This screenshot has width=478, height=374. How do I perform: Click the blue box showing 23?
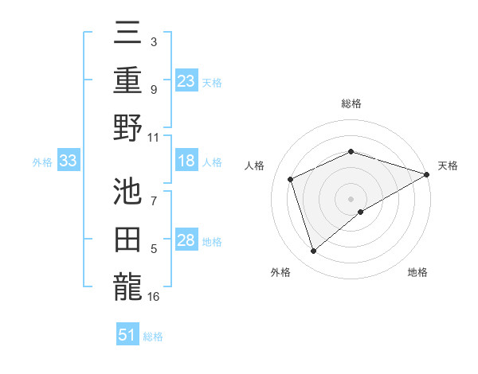pyautogui.click(x=186, y=80)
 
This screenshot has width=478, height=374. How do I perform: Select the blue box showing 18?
pyautogui.click(x=186, y=162)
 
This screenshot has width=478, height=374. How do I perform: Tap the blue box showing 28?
pyautogui.click(x=186, y=241)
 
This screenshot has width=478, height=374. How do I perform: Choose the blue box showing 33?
pyautogui.click(x=69, y=162)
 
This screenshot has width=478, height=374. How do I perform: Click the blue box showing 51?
pyautogui.click(x=127, y=335)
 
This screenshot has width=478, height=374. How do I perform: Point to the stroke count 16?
pyautogui.click(x=154, y=297)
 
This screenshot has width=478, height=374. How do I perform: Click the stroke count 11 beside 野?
pyautogui.click(x=154, y=137)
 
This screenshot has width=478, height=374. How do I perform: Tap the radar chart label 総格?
pyautogui.click(x=351, y=103)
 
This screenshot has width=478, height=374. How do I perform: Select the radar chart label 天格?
pyautogui.click(x=449, y=166)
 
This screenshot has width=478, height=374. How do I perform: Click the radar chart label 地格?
pyautogui.click(x=417, y=273)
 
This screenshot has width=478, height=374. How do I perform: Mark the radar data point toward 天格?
pyautogui.click(x=428, y=173)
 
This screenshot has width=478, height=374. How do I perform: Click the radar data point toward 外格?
pyautogui.click(x=313, y=251)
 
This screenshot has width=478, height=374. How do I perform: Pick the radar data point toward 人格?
pyautogui.click(x=291, y=179)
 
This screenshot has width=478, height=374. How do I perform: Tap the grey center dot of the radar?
pyautogui.click(x=351, y=198)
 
